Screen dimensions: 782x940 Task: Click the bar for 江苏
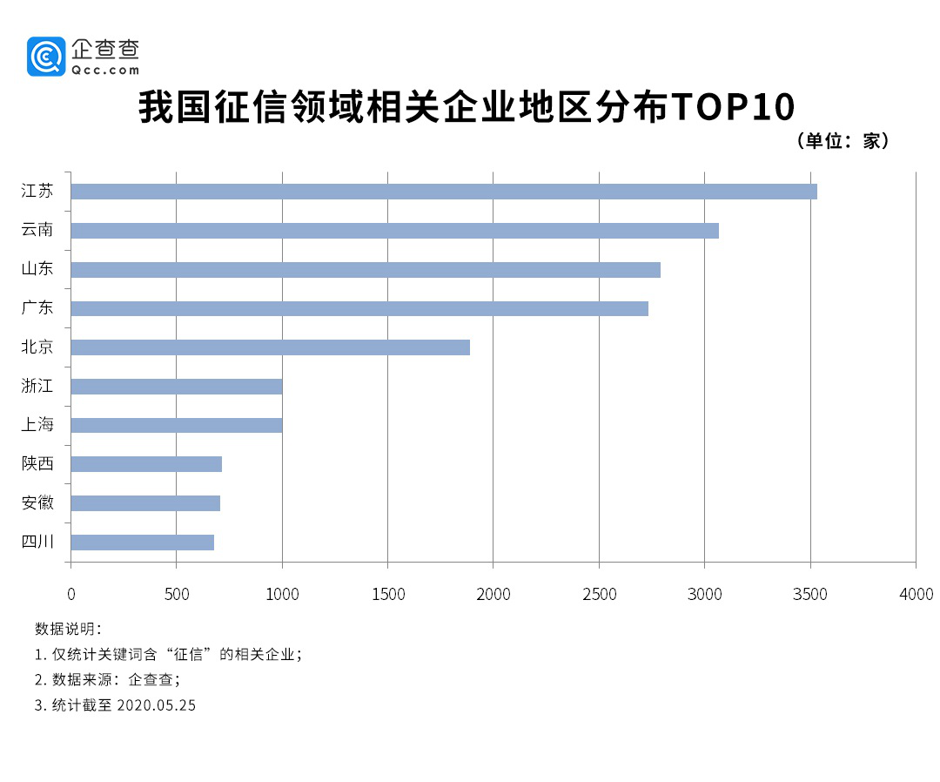(444, 192)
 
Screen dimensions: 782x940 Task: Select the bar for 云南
(394, 231)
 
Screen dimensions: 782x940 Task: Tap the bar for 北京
(270, 347)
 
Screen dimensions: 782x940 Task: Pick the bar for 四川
(142, 543)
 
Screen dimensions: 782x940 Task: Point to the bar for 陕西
(146, 464)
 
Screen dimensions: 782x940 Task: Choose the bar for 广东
(359, 308)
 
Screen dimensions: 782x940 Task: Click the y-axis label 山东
(37, 269)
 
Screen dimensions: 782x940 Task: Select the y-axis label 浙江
(37, 386)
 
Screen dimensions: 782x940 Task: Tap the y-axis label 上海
(37, 425)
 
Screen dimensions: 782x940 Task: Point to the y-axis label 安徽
(37, 502)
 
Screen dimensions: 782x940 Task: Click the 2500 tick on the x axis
(599, 595)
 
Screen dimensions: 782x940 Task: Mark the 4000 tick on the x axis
(916, 595)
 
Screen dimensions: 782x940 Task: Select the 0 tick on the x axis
(70, 595)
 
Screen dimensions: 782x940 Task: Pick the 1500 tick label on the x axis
(388, 595)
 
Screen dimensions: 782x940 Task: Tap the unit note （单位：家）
(843, 142)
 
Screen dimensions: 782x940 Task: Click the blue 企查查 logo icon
(46, 56)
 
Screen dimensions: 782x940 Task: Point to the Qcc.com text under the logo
(105, 69)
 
